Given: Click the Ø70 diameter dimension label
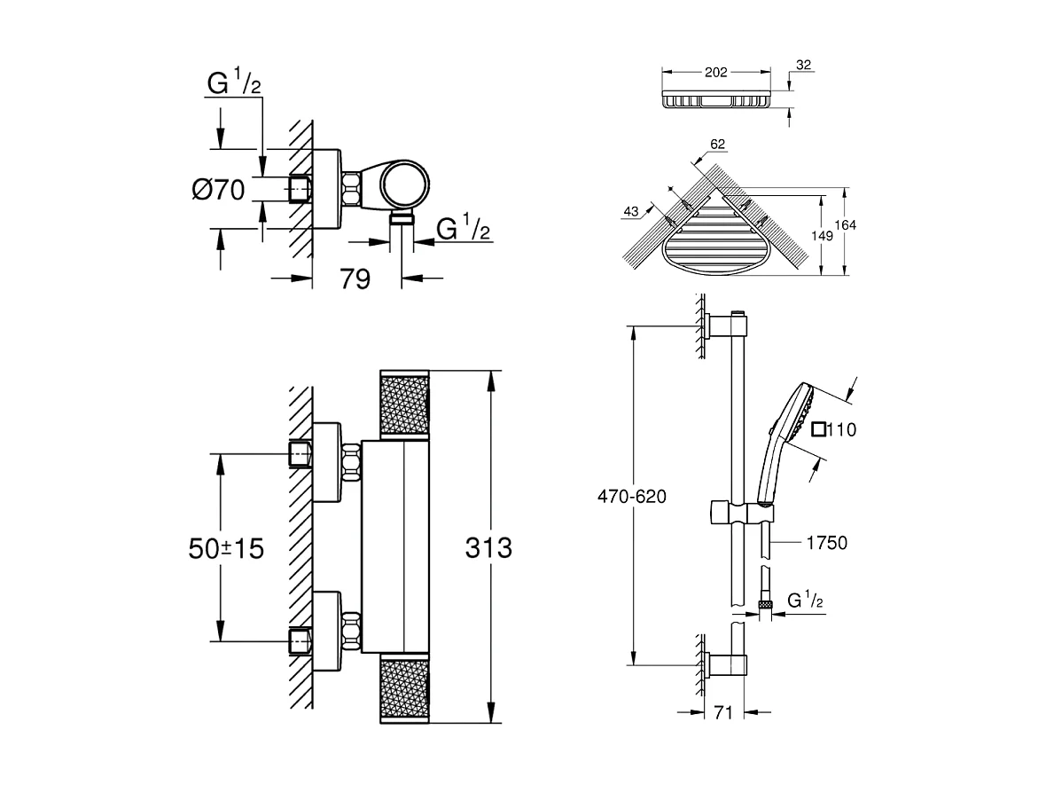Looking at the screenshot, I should pos(217,190).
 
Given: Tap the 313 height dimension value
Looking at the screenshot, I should pos(488,548).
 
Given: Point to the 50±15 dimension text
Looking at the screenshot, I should pos(226,548).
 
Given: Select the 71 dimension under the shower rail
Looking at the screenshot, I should pos(722,712).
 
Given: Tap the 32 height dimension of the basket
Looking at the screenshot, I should pos(804,65).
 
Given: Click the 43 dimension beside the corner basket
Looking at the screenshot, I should pos(631,211).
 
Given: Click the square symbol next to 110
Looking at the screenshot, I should pos(818,430).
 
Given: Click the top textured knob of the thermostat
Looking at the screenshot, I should pos(404,404).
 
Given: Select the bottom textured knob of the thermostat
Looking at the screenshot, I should pos(404,690).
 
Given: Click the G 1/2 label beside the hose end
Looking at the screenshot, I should pos(806,601).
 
